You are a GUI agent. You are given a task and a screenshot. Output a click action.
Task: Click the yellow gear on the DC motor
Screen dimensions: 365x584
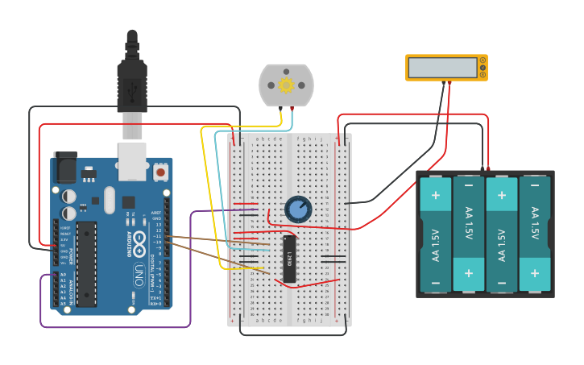[286, 85]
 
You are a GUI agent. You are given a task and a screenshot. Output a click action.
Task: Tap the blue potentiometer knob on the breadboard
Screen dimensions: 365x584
[298, 209]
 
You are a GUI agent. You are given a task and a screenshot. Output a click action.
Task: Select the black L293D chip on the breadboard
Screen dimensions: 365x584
[289, 259]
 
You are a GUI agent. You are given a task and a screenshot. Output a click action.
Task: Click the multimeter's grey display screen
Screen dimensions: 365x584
[442, 67]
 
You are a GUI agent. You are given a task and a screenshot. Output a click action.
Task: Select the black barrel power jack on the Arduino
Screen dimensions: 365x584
[64, 168]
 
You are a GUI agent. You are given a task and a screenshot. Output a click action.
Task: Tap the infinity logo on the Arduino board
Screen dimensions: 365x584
[139, 239]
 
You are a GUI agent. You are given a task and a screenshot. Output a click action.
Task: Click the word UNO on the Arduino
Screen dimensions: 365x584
[139, 271]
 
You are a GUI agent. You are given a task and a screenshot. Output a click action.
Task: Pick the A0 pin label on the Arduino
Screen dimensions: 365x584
[63, 275]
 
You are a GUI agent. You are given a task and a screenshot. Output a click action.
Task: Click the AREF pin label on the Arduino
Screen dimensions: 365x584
[156, 213]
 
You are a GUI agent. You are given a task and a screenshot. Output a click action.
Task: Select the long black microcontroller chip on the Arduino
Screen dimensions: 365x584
[86, 264]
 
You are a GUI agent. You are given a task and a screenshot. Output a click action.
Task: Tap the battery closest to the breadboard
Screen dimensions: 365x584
[436, 234]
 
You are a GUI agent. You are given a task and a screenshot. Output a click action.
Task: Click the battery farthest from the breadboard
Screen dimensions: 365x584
[535, 234]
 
